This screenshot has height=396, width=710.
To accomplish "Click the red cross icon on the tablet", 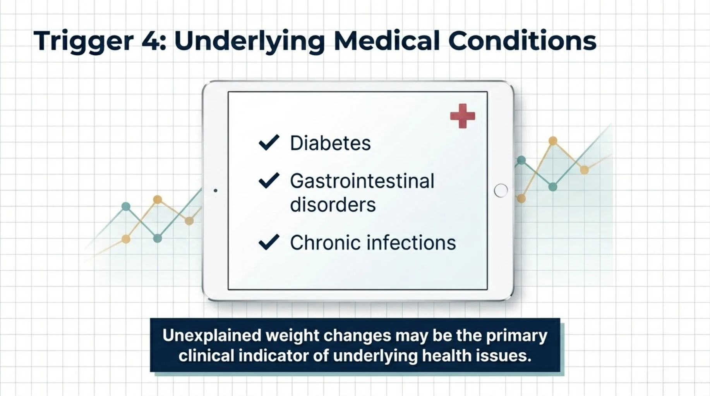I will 462,116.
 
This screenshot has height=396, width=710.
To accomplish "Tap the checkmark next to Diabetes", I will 269,142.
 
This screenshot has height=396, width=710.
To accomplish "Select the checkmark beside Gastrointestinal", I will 269,180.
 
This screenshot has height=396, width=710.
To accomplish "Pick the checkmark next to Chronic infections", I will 269,242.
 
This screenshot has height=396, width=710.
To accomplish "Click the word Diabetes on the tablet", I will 330,143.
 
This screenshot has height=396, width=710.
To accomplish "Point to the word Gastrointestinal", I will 362,181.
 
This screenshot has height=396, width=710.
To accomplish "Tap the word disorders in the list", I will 333,205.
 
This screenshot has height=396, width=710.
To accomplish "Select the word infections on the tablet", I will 411,243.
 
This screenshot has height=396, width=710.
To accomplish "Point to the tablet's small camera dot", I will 216,190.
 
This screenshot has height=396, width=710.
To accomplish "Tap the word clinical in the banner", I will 206,356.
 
